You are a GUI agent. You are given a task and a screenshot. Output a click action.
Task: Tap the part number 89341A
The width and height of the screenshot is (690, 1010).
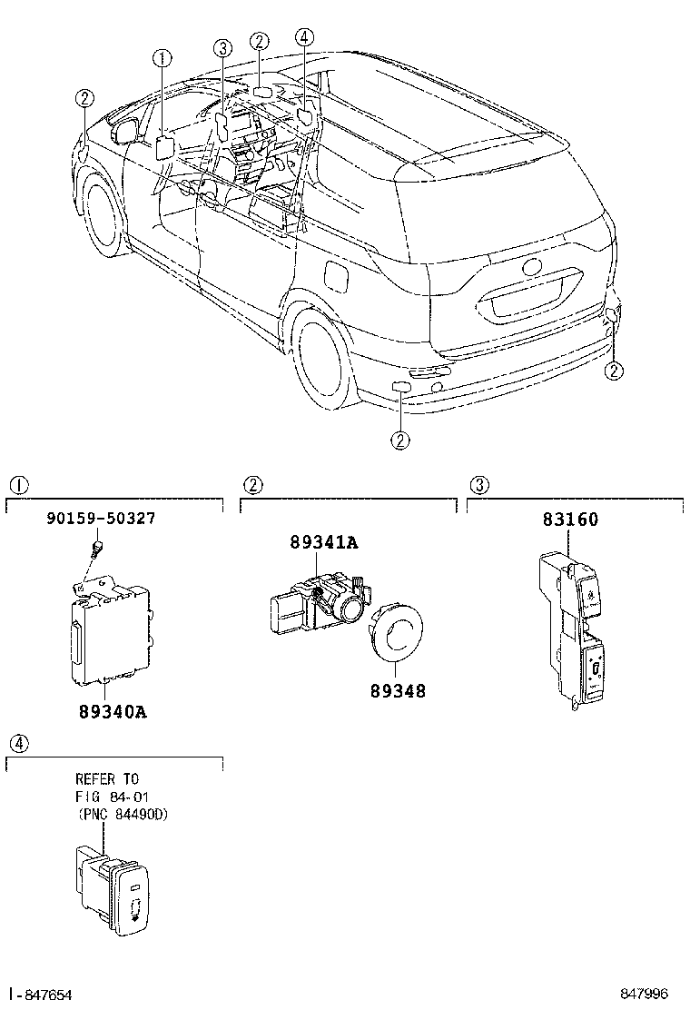click(x=324, y=543)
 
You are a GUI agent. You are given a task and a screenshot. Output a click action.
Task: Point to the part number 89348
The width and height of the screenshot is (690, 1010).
click(x=397, y=690)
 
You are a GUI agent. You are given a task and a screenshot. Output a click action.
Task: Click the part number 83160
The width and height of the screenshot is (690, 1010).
click(x=570, y=520)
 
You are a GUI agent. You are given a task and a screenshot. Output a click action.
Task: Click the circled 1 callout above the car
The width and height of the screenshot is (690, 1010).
click(x=162, y=59)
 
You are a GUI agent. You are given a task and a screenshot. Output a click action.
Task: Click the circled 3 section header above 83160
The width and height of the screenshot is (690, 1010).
click(x=478, y=485)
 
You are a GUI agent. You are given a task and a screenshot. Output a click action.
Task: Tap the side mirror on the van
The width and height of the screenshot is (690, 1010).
click(x=124, y=130)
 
